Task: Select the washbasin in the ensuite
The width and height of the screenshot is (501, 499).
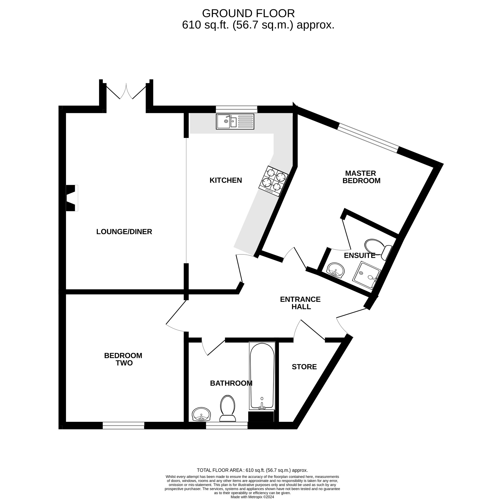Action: [x=336, y=270]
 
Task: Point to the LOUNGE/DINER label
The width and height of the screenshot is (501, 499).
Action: [x=124, y=231]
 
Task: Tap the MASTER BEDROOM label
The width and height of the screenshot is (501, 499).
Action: [x=361, y=177]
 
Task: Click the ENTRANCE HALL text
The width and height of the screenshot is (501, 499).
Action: [x=300, y=303]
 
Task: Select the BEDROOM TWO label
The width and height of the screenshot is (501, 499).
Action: [x=123, y=359]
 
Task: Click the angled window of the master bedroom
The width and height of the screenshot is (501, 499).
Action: [x=368, y=138]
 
